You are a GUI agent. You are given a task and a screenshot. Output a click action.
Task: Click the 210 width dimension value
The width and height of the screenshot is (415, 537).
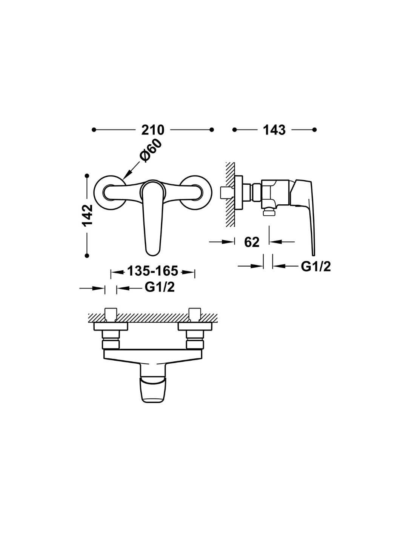point(152,130)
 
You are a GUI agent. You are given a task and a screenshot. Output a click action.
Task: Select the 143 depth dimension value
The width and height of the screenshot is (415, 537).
point(274,130)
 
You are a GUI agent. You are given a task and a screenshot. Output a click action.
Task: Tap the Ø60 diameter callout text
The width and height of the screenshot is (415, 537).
point(151,151)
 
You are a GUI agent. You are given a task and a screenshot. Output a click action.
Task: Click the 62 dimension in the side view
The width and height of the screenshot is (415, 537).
point(252,242)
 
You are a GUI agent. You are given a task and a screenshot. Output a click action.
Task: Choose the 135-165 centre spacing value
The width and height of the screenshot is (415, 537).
point(152,271)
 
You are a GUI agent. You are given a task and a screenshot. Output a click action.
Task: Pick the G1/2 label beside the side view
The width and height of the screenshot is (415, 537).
point(316,266)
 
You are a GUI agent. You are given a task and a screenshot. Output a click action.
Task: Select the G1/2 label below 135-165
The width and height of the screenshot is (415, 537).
point(160,287)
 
